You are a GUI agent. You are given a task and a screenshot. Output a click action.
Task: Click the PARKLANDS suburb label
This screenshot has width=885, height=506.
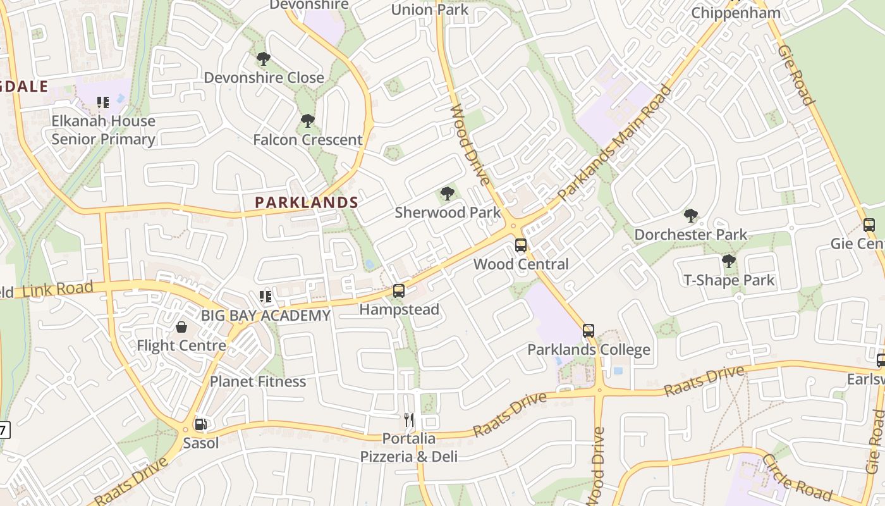[307, 202]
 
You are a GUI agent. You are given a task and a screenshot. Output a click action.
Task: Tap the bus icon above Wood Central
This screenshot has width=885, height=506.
[521, 245]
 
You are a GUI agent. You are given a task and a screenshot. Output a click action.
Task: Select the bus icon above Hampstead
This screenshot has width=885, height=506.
[399, 291]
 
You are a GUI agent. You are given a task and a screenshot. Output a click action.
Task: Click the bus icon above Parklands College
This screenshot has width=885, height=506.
[589, 331]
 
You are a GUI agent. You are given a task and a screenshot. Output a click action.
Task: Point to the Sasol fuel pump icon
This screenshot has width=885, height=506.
[200, 424]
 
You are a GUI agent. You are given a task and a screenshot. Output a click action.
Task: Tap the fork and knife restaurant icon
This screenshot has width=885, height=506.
[409, 420]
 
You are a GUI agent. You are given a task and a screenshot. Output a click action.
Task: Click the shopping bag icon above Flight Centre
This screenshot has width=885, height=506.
[181, 327]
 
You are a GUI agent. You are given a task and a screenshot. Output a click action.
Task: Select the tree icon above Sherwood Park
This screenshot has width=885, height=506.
[448, 194]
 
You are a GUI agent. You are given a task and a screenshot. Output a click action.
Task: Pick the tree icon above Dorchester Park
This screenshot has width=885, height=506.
[691, 216]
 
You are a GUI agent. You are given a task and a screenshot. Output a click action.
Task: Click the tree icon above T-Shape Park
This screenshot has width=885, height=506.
[729, 261]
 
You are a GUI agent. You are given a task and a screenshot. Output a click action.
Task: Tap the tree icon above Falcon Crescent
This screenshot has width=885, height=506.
[308, 121]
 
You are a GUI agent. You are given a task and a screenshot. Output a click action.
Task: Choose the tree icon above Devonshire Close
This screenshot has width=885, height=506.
[264, 59]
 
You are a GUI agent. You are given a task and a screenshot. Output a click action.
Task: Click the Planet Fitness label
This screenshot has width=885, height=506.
[258, 381]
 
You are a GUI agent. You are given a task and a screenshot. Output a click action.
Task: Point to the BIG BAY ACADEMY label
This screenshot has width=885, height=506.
[265, 315]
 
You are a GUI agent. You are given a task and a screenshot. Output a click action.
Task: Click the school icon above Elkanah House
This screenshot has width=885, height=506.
[103, 102]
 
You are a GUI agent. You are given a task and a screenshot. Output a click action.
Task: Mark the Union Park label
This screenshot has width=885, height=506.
[430, 9]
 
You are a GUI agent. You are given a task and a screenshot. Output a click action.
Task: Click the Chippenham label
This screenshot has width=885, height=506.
[735, 13]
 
